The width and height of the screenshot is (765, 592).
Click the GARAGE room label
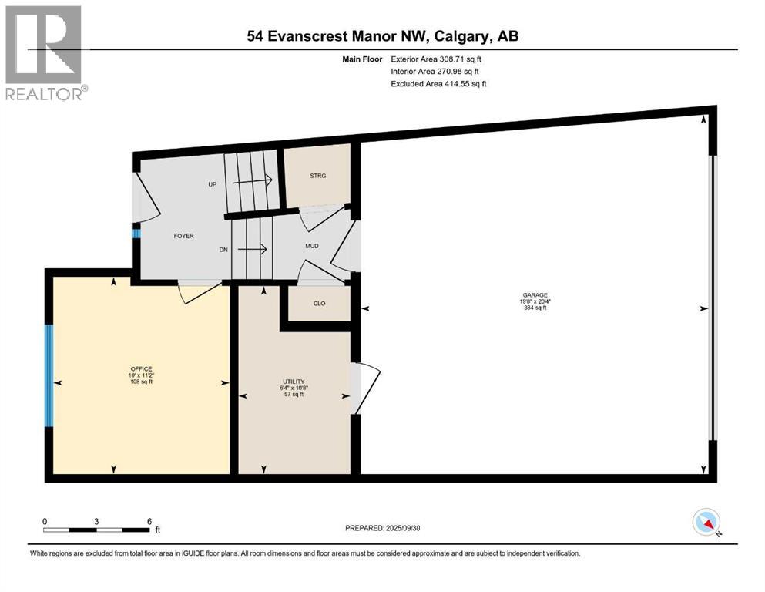click(534, 294)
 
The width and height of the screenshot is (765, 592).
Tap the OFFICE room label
click(141, 368)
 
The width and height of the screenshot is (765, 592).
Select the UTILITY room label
click(294, 382)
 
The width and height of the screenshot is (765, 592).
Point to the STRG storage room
click(318, 176)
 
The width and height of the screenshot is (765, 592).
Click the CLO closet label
click(319, 303)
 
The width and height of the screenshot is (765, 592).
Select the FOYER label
click(183, 236)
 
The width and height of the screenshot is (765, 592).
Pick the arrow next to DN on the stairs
click(252, 249)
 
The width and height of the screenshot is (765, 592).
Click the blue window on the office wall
click(49, 375)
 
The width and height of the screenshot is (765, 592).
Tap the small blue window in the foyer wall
click(136, 233)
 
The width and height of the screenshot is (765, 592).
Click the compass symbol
click(706, 522)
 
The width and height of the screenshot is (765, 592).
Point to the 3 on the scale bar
click(96, 521)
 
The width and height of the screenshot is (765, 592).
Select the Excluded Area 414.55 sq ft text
click(438, 83)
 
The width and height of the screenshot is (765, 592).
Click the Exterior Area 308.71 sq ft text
click(438, 59)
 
